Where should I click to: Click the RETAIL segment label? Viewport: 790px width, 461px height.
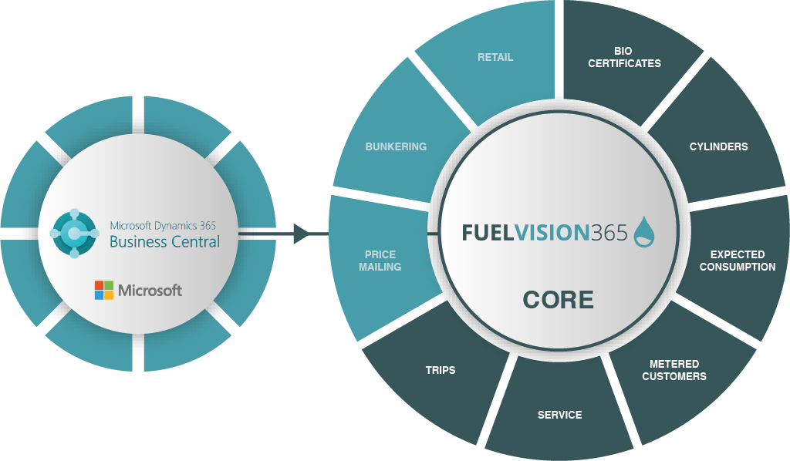click(x=495, y=57)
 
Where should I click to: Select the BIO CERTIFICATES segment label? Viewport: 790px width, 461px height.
click(x=624, y=57)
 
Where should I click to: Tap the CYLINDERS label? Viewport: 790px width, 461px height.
click(x=718, y=146)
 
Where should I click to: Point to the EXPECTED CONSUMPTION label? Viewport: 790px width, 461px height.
click(x=737, y=261)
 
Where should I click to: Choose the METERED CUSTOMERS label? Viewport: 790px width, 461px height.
click(x=674, y=370)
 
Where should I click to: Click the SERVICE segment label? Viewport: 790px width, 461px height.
click(x=559, y=415)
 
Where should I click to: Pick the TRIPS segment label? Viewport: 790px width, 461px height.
click(x=441, y=370)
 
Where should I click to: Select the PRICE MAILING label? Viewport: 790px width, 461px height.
click(x=380, y=261)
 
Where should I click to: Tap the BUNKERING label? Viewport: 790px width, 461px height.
click(x=396, y=146)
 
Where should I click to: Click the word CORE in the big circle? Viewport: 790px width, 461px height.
click(x=558, y=299)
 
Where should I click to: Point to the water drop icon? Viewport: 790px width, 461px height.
click(x=643, y=232)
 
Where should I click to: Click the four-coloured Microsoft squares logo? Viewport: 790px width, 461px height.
click(x=103, y=290)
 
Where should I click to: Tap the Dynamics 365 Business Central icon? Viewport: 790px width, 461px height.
click(x=74, y=232)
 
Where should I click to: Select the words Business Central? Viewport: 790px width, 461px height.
click(x=164, y=242)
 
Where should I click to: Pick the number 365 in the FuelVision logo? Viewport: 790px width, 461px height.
click(x=608, y=233)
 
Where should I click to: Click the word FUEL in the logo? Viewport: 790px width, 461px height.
click(x=487, y=233)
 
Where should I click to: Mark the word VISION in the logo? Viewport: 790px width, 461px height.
click(x=550, y=233)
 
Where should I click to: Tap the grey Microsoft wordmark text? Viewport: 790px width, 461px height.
click(x=150, y=290)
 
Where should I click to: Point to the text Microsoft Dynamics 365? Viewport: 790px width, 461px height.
click(x=163, y=225)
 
